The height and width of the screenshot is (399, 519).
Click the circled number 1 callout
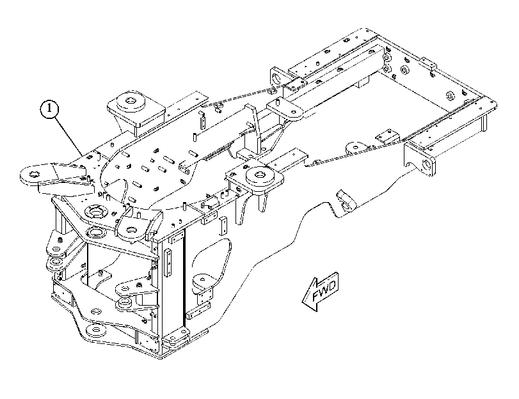[x=49, y=109]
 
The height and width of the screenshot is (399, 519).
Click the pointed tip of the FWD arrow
[x=303, y=302]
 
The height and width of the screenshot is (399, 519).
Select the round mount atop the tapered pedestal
[x=132, y=100]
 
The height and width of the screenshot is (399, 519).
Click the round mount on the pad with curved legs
[x=260, y=175]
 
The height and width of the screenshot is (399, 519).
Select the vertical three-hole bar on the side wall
[x=168, y=263]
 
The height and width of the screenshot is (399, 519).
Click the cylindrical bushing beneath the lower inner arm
[x=124, y=302]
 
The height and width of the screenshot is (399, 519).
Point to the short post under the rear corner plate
[x=484, y=121]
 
